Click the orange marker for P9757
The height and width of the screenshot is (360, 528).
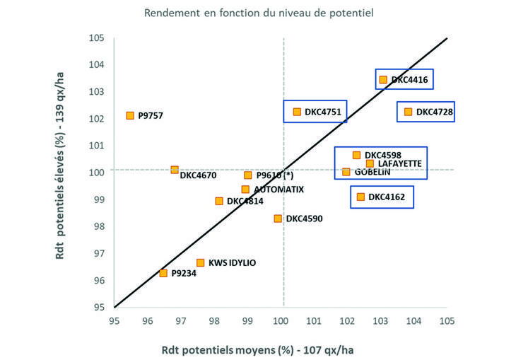[130, 115]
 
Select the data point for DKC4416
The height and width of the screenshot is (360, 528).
[383, 80]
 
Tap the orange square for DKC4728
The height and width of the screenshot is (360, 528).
[408, 112]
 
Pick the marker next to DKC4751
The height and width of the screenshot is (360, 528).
[297, 112]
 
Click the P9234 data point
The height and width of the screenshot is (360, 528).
[163, 273]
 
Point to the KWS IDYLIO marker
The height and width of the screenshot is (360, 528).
[201, 263]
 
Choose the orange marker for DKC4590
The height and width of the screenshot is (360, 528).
[278, 219]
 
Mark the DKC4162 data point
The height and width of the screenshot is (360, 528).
[360, 197]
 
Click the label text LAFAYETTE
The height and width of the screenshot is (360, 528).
[400, 163]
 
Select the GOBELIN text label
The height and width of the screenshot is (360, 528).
[371, 172]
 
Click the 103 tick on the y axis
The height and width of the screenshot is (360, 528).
[96, 92]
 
